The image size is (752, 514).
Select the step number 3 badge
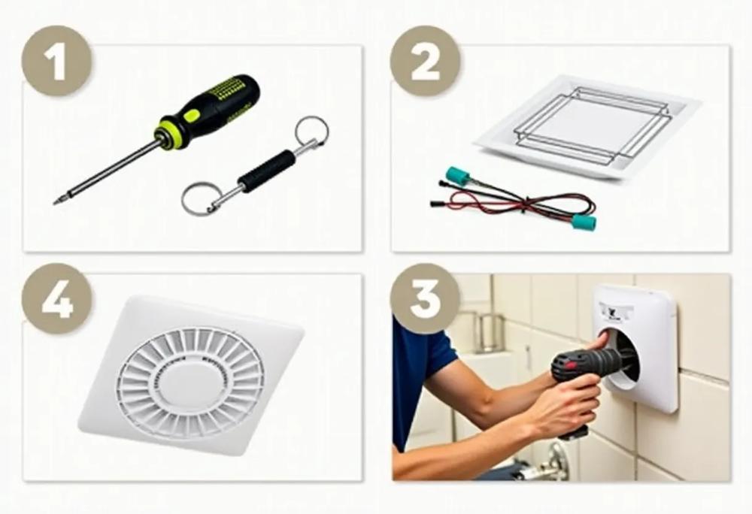click(x=425, y=298)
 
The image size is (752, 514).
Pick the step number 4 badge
click(x=56, y=298)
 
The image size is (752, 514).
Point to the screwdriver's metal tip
click(x=56, y=202)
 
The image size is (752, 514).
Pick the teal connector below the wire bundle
click(x=584, y=222)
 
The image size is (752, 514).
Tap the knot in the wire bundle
click(x=528, y=204)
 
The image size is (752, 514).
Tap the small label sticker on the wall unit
click(x=612, y=312)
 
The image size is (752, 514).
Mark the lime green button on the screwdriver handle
click(x=190, y=115)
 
